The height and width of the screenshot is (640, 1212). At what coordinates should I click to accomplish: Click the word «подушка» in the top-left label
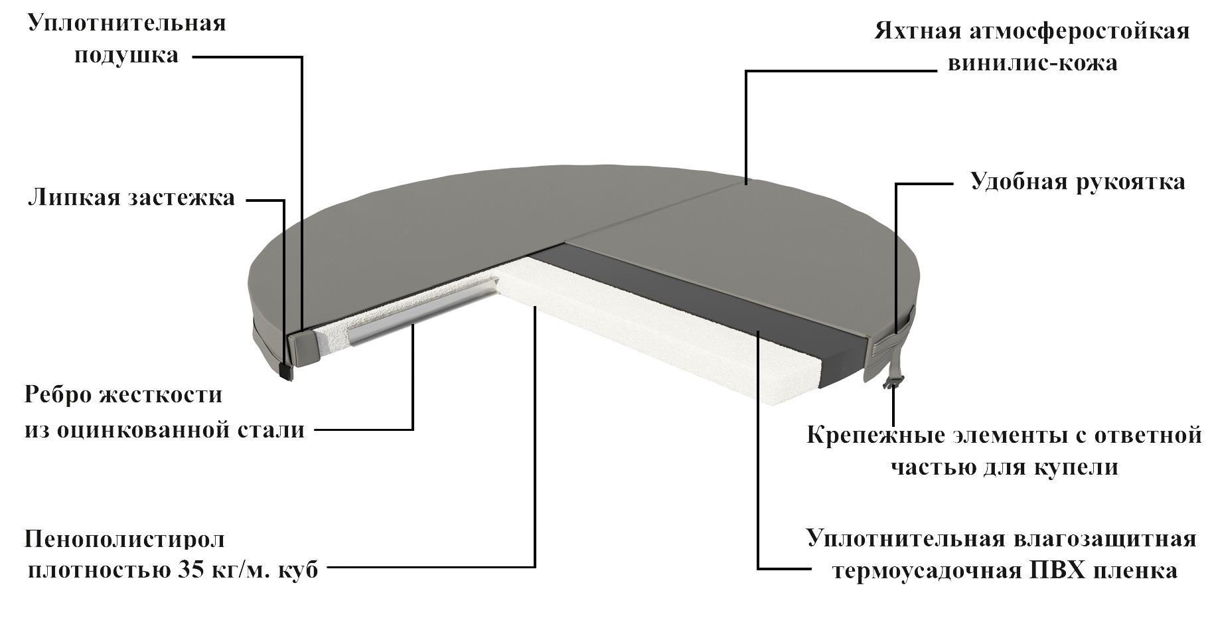126,55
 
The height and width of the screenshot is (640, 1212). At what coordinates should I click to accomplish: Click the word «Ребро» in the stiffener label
58,395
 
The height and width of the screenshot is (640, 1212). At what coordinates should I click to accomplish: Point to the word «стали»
271,430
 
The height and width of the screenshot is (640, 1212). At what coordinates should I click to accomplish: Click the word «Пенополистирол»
125,539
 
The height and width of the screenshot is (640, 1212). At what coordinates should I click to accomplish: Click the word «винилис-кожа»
1032,64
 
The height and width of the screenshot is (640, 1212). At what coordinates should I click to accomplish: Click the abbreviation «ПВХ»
1056,571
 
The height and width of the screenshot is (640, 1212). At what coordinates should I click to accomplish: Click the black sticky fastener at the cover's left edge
285,372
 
